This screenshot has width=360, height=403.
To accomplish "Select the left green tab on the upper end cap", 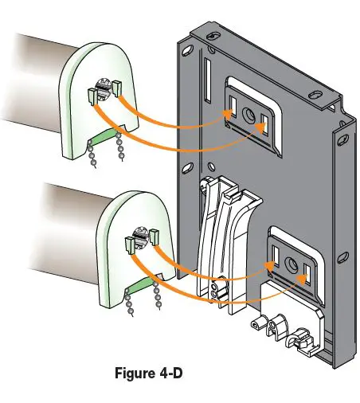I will point(92,97).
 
